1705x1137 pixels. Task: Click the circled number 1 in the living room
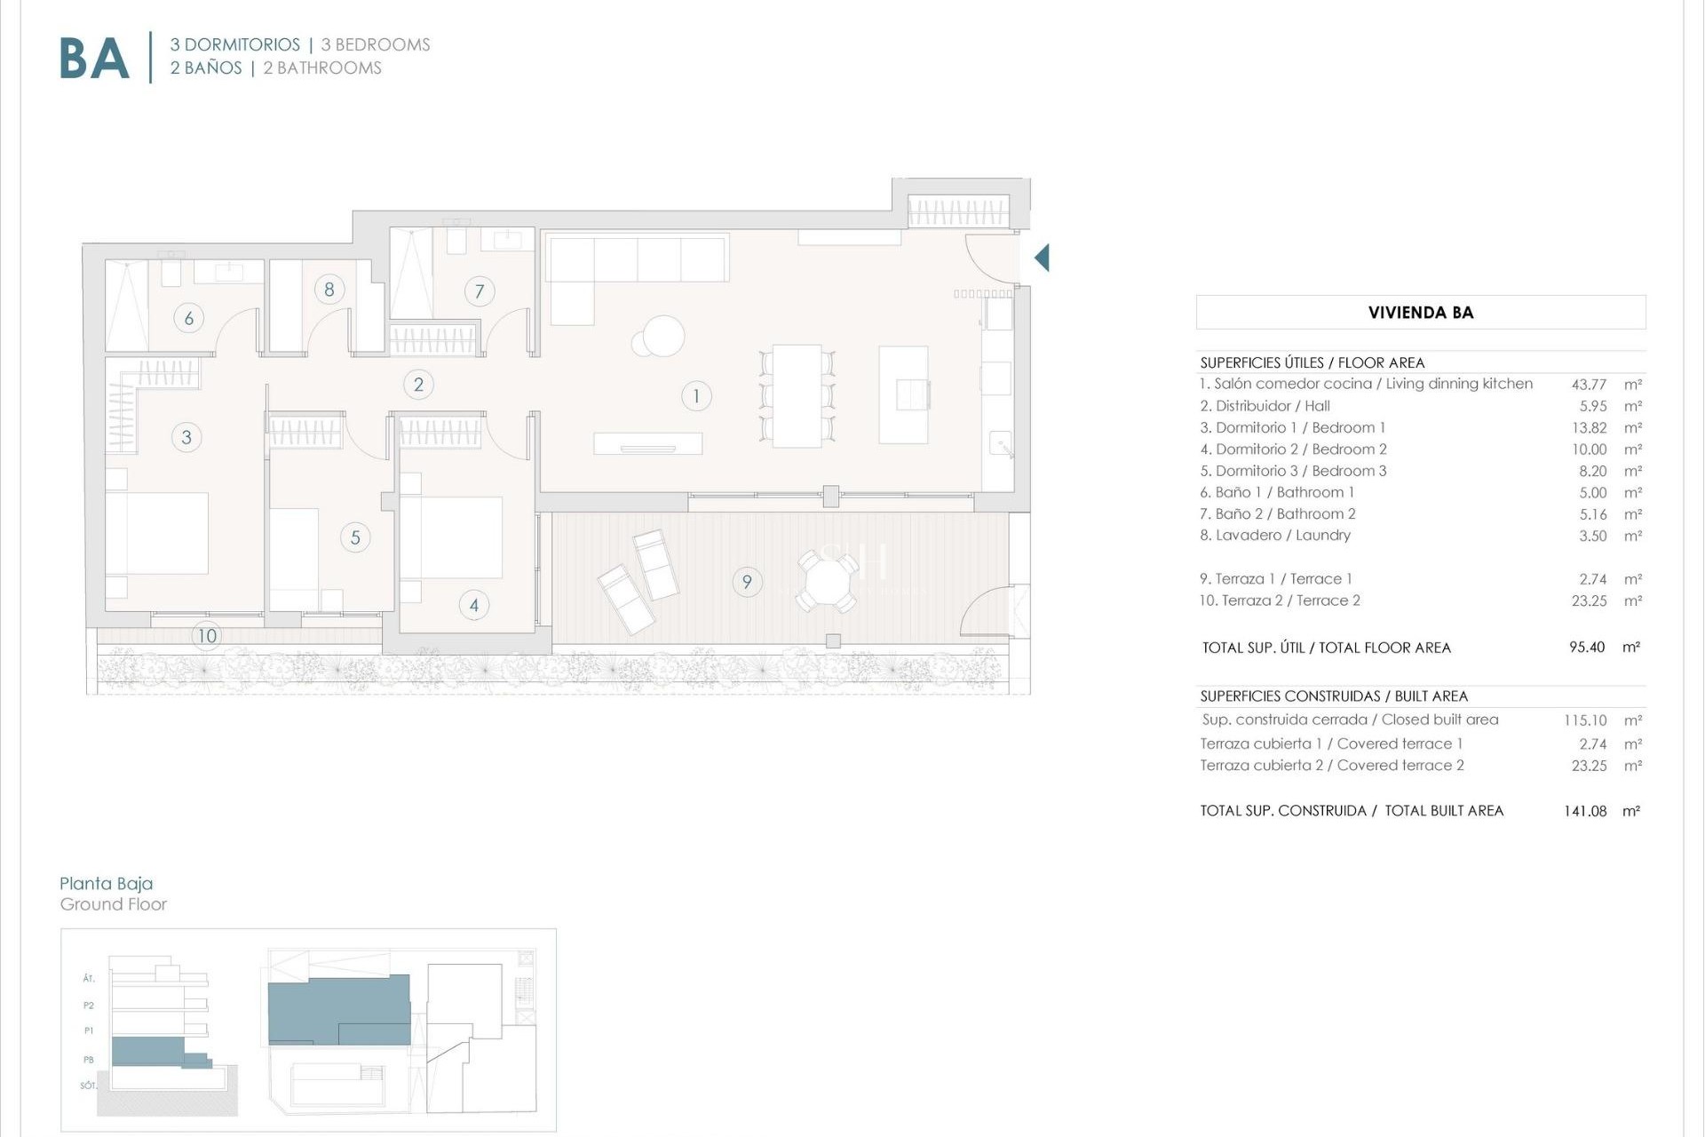click(x=696, y=396)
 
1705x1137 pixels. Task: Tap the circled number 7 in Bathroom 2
click(x=480, y=290)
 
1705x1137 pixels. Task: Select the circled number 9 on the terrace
click(x=747, y=582)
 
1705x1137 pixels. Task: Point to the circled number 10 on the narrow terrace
click(x=207, y=635)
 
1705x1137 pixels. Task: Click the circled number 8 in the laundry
click(x=329, y=289)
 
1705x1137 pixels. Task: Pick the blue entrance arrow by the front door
click(x=1042, y=258)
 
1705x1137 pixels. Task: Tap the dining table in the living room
click(x=797, y=396)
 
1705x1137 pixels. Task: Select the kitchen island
click(x=903, y=394)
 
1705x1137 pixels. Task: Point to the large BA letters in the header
click(x=94, y=60)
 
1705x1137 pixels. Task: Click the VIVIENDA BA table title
click(x=1420, y=313)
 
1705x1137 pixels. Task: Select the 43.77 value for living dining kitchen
click(x=1589, y=385)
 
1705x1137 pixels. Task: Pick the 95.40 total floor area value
click(x=1587, y=648)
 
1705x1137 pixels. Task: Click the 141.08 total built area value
click(x=1585, y=811)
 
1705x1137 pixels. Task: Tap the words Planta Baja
click(x=106, y=883)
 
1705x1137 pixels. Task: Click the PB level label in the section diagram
click(x=89, y=1060)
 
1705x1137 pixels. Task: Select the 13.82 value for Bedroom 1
click(x=1589, y=428)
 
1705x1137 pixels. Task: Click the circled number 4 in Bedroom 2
click(x=474, y=605)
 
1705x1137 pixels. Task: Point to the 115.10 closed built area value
click(x=1585, y=720)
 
